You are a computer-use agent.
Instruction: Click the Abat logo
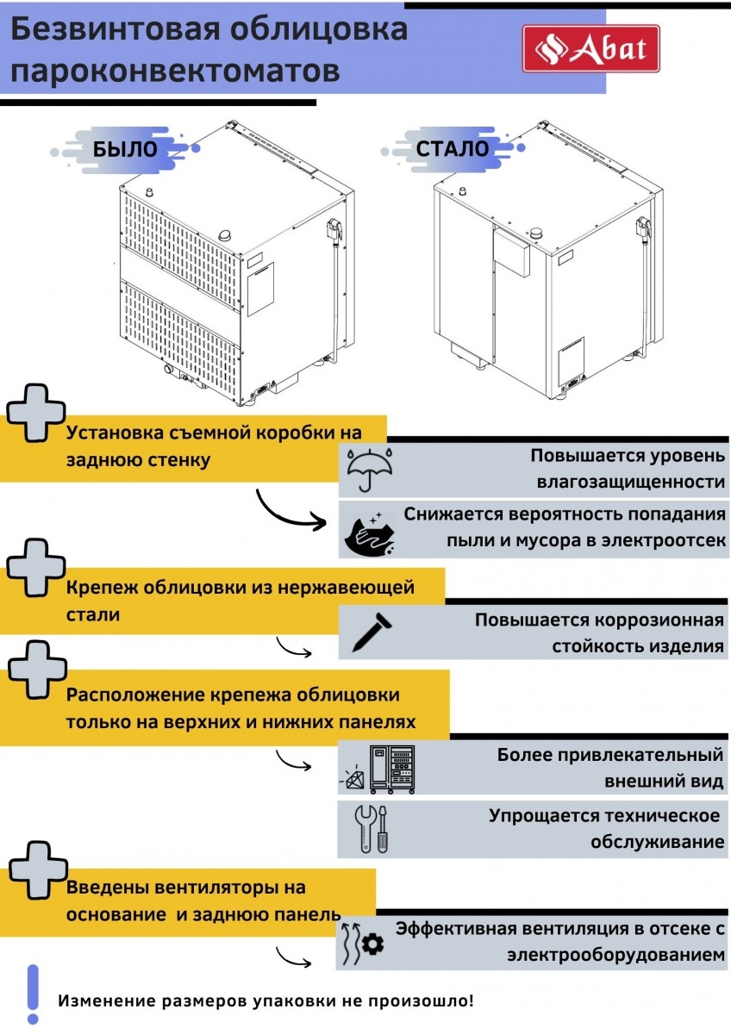click(591, 48)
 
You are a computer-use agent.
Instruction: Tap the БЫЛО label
click(125, 148)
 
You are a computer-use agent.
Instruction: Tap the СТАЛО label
click(452, 148)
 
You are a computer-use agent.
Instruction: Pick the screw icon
click(369, 633)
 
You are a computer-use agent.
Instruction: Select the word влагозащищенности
click(630, 481)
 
